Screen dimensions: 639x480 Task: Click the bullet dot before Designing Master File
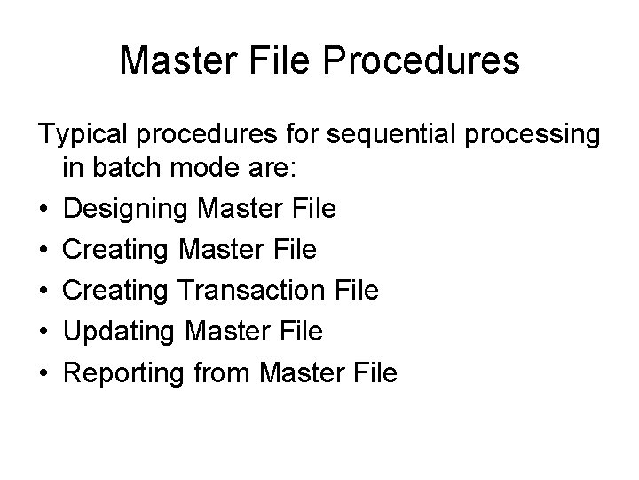[x=43, y=209]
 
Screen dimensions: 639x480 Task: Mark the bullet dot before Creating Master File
[x=43, y=250]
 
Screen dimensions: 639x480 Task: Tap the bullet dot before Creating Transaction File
[x=43, y=291]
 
